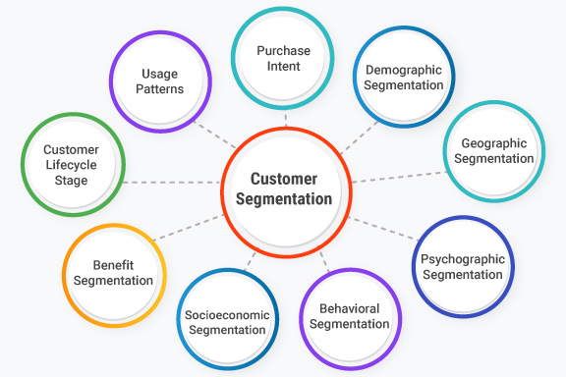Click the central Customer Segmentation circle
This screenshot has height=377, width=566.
[284, 189]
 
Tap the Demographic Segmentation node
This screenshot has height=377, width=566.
[404, 78]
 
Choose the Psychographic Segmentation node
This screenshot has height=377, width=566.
[461, 266]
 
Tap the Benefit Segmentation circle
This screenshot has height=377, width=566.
[112, 273]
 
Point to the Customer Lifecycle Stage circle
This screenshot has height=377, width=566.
[71, 165]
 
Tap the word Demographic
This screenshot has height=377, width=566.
[404, 70]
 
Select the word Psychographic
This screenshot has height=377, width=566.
[461, 258]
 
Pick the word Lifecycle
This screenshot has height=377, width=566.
[71, 165]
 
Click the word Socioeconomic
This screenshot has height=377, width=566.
[225, 315]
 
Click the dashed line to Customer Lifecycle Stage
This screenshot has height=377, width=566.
[172, 182]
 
